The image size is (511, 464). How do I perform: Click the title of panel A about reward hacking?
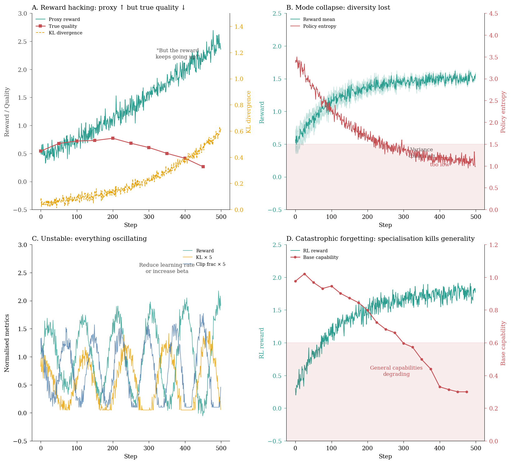click(108, 8)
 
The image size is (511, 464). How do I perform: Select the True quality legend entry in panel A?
click(63, 26)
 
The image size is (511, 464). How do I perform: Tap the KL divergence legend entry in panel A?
click(65, 33)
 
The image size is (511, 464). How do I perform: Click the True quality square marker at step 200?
click(113, 138)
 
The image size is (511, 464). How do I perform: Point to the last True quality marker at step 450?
click(203, 167)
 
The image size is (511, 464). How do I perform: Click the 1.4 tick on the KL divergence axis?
click(239, 27)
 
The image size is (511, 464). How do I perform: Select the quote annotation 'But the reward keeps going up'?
click(178, 54)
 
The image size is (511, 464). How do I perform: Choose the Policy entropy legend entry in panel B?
click(319, 26)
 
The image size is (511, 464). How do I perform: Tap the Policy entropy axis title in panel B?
click(503, 112)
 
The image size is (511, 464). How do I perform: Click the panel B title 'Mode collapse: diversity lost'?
click(338, 8)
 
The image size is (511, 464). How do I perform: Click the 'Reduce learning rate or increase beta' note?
click(167, 268)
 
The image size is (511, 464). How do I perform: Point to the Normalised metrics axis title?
click(7, 343)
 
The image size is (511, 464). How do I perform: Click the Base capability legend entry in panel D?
click(320, 257)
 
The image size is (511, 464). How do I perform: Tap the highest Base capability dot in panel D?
click(304, 274)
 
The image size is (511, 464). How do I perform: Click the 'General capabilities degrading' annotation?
click(396, 371)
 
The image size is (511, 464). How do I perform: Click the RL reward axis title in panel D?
click(262, 343)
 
